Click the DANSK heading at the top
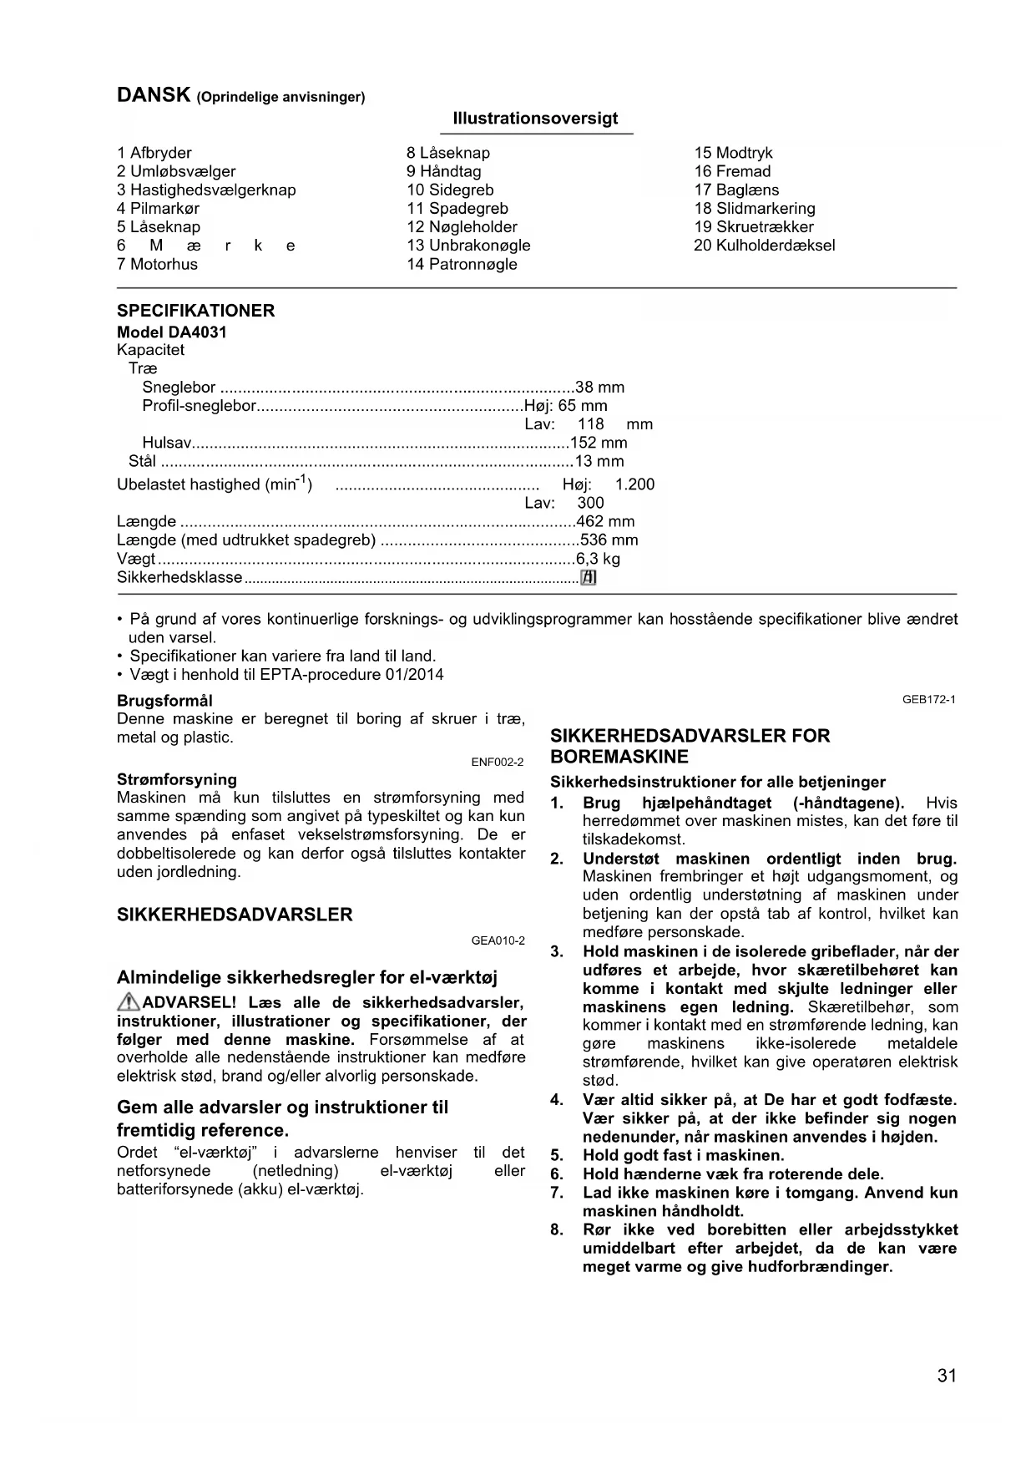tap(154, 95)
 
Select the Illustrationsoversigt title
tap(535, 119)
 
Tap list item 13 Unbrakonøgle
tap(468, 246)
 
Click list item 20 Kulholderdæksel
tap(764, 246)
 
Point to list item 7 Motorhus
tap(157, 264)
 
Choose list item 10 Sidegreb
tap(450, 190)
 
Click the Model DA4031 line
tap(172, 332)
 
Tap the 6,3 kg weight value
tap(598, 559)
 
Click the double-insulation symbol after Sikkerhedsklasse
tap(589, 577)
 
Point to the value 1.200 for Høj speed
tap(634, 484)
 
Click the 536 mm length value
tap(609, 540)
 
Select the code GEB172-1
tap(928, 700)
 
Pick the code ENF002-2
tap(498, 762)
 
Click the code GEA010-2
tap(498, 940)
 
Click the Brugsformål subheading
tap(164, 700)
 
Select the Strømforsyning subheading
tap(177, 779)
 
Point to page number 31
tap(947, 1376)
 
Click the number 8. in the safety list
tap(558, 1229)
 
